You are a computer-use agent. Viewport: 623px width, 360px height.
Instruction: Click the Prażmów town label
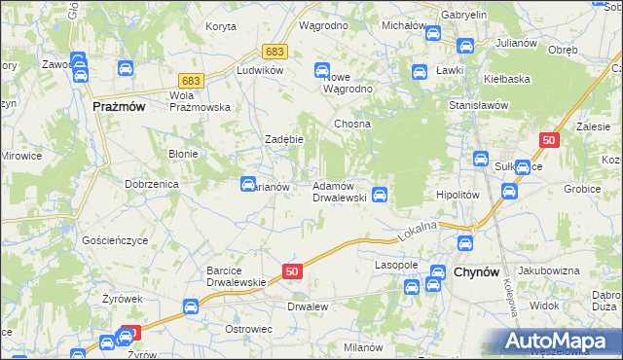pos(119,107)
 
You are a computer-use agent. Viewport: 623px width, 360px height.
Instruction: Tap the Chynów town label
pos(477,274)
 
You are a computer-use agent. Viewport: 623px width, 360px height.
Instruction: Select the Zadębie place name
pos(285,139)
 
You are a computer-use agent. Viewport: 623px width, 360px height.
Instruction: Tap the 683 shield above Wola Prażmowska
pos(191,82)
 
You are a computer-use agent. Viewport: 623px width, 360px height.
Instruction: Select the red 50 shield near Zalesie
pos(549,141)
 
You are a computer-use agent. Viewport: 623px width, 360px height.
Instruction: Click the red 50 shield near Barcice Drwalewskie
pos(293,270)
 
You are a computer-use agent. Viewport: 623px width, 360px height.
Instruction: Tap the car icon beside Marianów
pos(248,183)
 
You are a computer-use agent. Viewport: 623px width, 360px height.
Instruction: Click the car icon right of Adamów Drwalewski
pos(382,195)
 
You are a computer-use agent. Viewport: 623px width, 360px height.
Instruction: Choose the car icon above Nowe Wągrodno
pos(322,69)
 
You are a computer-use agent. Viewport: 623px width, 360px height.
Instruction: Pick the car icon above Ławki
pos(420,71)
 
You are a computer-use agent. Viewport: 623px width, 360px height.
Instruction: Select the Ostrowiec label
pos(247,330)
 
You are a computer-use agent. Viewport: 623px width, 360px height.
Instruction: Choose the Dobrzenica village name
pos(148,183)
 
